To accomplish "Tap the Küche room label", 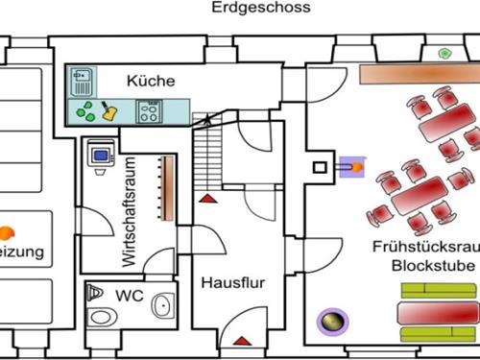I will point(151,81).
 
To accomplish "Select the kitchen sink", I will point(84,77).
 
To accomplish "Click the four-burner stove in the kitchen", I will point(149,111).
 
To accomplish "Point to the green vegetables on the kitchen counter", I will point(86,111).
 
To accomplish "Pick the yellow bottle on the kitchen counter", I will point(109,111).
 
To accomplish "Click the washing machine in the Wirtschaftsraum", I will point(100,155).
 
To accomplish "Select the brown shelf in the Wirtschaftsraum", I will point(165,187).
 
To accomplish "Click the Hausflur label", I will point(232,284).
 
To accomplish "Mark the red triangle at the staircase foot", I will point(206,198).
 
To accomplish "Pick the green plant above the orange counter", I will point(445,53).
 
